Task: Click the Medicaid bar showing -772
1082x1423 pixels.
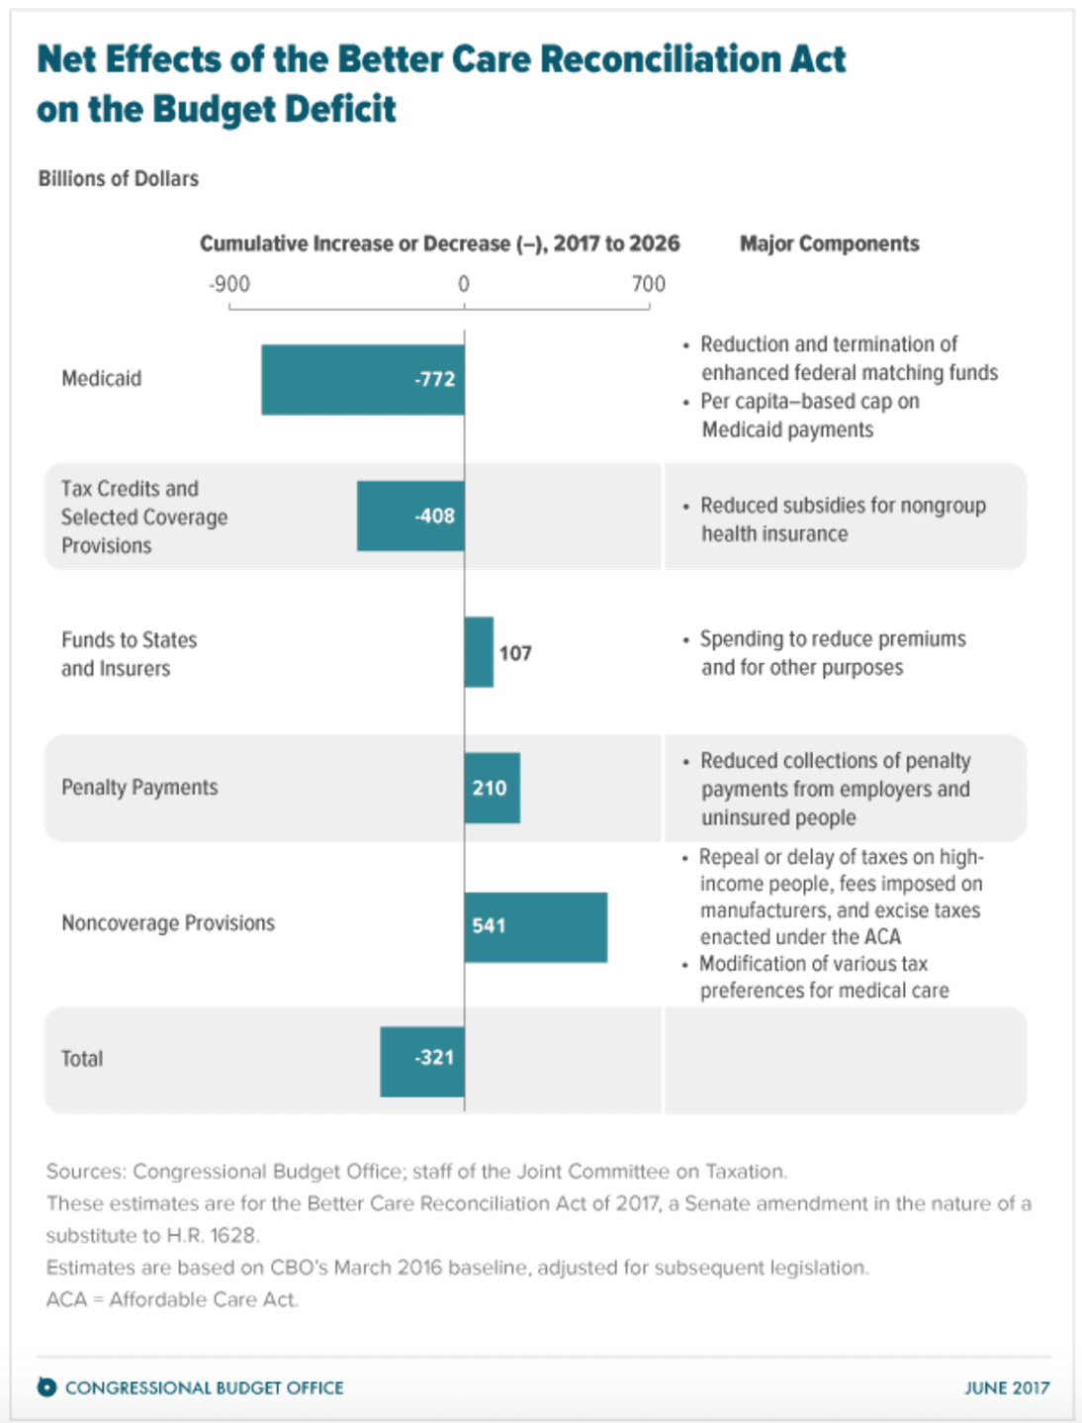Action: click(362, 380)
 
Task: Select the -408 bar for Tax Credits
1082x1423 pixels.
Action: click(409, 516)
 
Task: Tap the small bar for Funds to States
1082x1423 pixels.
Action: click(479, 652)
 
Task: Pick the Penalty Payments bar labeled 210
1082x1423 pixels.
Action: click(492, 788)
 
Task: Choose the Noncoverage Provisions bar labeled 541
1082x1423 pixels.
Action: click(535, 926)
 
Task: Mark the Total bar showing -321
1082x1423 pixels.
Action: click(421, 1061)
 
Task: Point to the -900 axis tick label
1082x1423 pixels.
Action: click(228, 284)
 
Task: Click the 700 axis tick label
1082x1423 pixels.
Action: click(649, 284)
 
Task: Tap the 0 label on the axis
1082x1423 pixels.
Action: click(463, 284)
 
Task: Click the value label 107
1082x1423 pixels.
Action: click(515, 653)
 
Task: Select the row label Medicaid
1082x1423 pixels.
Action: click(101, 378)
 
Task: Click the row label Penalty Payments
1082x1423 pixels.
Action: click(139, 787)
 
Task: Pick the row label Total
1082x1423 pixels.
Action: click(81, 1058)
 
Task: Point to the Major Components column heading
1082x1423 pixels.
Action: click(829, 243)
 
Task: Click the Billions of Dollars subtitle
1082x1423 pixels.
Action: click(118, 178)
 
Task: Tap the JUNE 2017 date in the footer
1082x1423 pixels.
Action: click(1006, 1387)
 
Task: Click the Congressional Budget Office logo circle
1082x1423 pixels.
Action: click(46, 1386)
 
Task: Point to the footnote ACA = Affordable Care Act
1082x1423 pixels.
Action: click(172, 1299)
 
